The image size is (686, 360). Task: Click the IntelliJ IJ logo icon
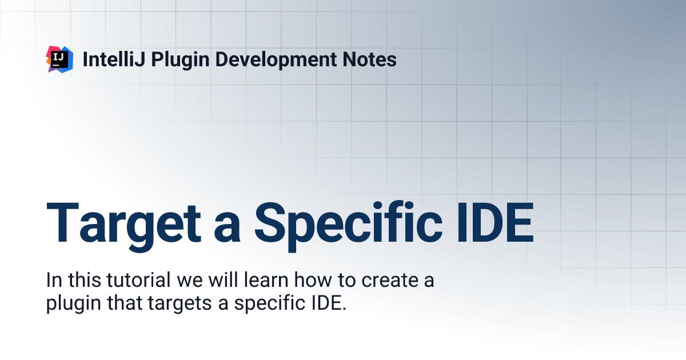coord(59,59)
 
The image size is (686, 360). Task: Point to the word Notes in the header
coord(372,59)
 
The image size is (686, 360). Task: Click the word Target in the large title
coord(123,223)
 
